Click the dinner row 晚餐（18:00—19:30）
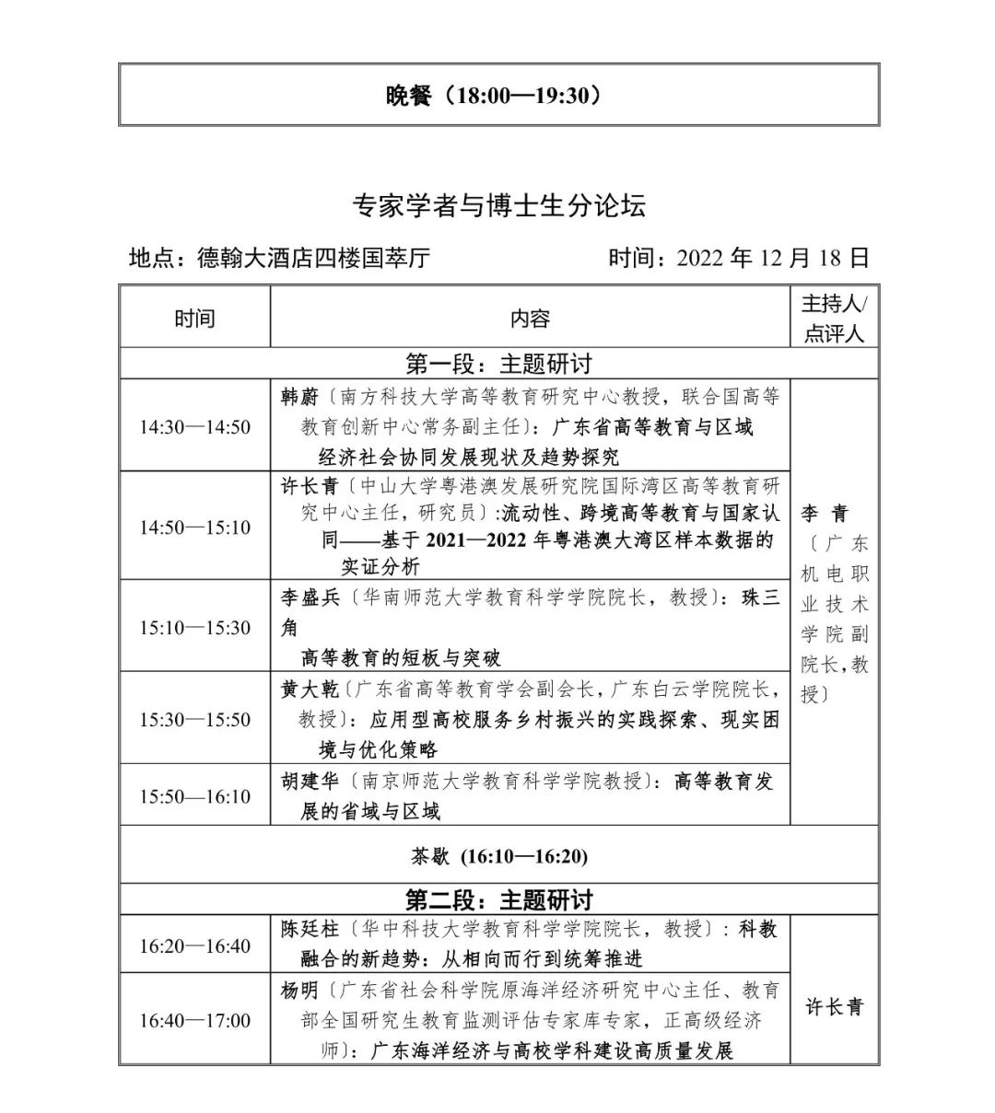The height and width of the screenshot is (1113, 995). click(498, 95)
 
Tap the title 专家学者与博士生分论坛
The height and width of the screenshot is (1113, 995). click(498, 204)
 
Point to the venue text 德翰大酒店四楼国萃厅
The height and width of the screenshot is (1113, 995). click(313, 258)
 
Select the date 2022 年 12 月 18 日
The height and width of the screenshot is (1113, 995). click(772, 258)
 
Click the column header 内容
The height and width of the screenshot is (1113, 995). click(530, 319)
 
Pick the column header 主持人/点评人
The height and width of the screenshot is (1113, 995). click(834, 319)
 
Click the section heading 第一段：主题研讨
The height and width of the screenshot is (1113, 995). click(498, 364)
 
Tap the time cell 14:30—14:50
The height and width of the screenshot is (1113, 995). click(195, 427)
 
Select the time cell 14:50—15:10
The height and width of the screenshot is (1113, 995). click(195, 528)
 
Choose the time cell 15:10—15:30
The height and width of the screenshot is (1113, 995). click(195, 628)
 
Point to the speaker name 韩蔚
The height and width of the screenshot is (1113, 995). click(299, 398)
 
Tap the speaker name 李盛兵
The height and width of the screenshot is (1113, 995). click(310, 598)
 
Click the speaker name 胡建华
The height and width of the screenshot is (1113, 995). click(310, 782)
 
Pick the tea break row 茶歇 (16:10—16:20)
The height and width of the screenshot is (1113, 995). click(498, 856)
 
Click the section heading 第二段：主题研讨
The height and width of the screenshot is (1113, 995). click(498, 899)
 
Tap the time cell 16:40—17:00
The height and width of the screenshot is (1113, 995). click(195, 1021)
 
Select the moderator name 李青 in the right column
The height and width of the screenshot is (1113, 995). click(824, 514)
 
